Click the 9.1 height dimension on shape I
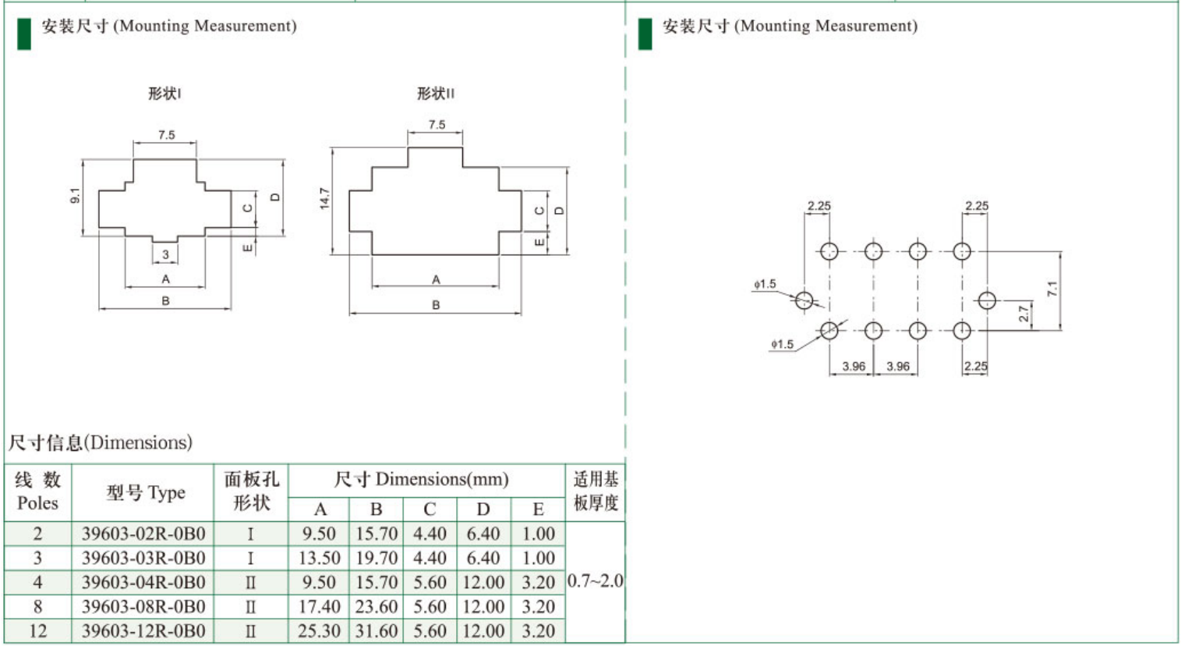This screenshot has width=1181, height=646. (x=75, y=196)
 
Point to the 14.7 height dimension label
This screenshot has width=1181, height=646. (x=324, y=198)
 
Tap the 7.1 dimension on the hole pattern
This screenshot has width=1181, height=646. (x=1052, y=289)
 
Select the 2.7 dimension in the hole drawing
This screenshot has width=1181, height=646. (x=1024, y=314)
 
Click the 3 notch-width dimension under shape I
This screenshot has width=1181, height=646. (x=165, y=254)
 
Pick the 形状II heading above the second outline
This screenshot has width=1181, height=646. (x=435, y=94)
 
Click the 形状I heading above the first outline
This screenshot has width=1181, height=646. (x=164, y=94)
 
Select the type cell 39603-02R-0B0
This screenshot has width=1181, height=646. (x=143, y=534)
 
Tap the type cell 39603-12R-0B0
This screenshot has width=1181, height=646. (x=143, y=630)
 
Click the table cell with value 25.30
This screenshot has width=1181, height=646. (x=319, y=630)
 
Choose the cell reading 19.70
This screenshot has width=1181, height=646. (x=377, y=558)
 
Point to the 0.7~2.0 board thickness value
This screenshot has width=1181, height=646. (x=595, y=581)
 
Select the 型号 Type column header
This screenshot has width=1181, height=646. (x=145, y=493)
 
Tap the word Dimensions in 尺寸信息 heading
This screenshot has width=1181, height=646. (x=138, y=442)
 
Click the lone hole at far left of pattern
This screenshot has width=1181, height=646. (x=804, y=300)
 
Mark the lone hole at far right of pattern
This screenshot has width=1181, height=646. (x=987, y=300)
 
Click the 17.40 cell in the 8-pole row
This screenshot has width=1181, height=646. (x=319, y=606)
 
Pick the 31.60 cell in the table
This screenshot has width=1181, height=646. (x=377, y=630)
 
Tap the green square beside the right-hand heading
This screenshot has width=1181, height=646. (x=645, y=34)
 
